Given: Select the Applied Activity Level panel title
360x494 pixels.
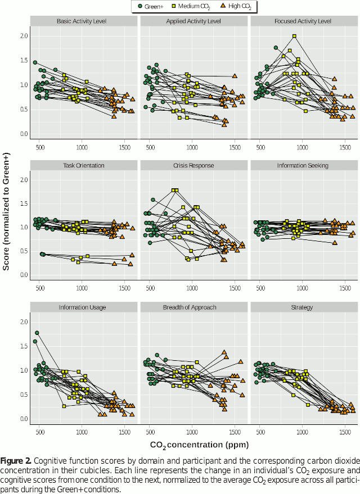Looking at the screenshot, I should [x=193, y=21].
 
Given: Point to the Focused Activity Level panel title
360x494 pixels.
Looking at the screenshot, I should [x=304, y=21].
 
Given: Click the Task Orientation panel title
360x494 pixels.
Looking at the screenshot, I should [x=83, y=166].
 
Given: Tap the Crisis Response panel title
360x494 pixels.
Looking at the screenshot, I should [x=193, y=166].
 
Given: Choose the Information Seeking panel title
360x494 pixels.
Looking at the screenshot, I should [x=304, y=166].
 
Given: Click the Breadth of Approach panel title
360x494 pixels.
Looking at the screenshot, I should [x=193, y=307].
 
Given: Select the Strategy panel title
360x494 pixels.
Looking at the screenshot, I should [x=304, y=307].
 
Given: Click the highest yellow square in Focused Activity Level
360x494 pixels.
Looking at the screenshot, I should [x=294, y=36].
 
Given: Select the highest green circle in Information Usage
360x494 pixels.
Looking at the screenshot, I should [x=37, y=333].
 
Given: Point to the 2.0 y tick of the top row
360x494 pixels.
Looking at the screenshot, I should [x=24, y=36].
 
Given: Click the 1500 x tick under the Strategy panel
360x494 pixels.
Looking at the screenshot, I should [x=344, y=432].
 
